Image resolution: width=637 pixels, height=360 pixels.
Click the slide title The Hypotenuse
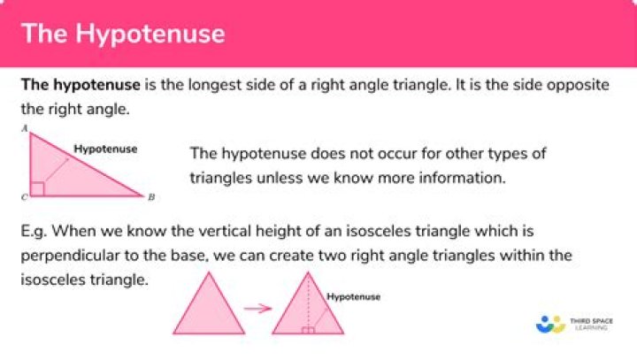[x=123, y=33]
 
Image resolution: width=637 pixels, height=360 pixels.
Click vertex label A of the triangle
[x=27, y=129]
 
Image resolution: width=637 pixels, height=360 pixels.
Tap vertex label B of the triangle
[x=151, y=196]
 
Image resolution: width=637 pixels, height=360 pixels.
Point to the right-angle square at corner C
[x=37, y=188]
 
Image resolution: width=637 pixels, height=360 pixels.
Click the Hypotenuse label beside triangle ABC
[x=105, y=149]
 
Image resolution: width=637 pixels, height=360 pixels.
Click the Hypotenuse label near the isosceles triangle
[x=353, y=297]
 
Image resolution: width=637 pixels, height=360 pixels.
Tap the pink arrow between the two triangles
[x=256, y=309]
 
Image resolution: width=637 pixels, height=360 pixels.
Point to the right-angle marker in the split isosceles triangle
[x=308, y=330]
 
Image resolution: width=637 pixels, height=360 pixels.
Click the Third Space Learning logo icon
[x=550, y=325]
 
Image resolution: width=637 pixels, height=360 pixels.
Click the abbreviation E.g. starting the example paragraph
[x=35, y=232]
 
